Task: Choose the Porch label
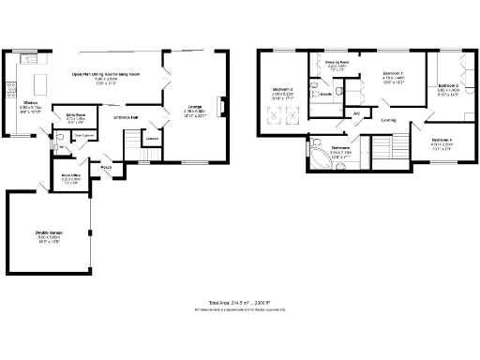107,167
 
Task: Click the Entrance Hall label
127,116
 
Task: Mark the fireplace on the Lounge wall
221,105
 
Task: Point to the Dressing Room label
337,63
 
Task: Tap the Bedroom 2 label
283,89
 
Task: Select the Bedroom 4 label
442,140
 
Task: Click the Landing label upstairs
387,120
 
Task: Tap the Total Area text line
239,303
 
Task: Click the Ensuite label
325,95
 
